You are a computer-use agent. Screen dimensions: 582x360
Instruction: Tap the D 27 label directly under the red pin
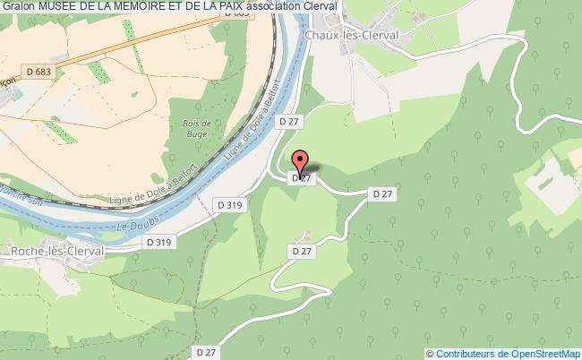(302, 178)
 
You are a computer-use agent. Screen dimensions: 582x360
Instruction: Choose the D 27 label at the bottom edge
(205, 352)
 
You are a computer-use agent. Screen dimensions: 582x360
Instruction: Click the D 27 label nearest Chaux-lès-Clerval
(287, 121)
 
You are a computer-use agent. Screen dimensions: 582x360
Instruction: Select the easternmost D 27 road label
(382, 193)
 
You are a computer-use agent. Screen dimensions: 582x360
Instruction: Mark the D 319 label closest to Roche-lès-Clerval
(158, 242)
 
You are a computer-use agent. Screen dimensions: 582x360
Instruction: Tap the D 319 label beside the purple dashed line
(229, 206)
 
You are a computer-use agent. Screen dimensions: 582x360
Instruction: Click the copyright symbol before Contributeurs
(431, 354)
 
